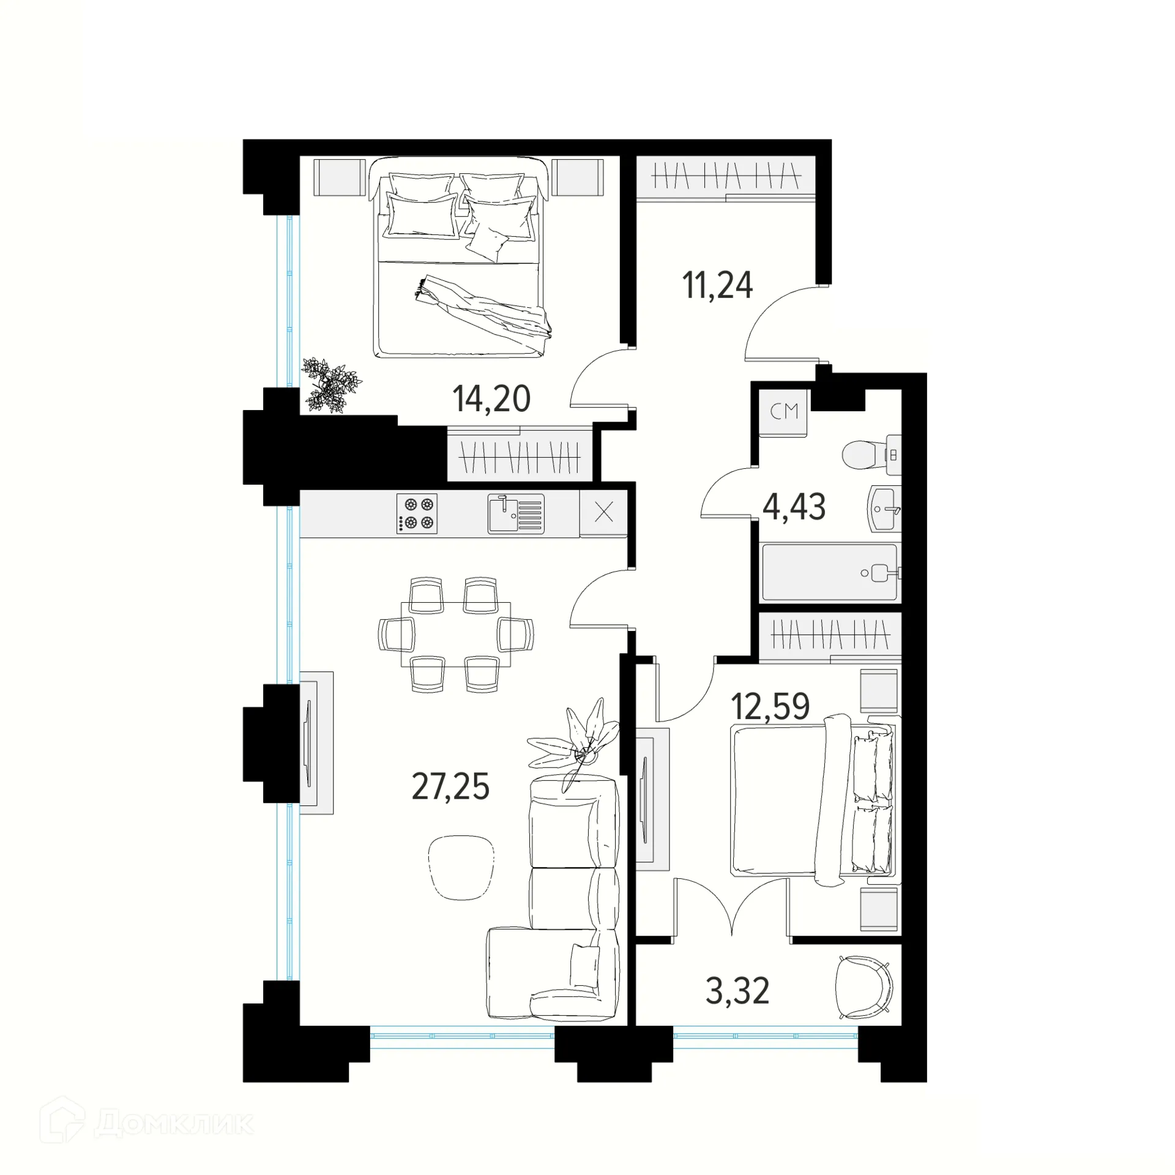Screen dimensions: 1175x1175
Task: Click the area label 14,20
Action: pos(491,399)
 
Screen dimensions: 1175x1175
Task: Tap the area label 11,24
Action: pos(717,286)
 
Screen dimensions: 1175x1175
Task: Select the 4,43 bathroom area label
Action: pos(794,507)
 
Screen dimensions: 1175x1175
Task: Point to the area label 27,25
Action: pos(450,787)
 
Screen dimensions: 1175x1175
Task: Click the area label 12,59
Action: pos(770,706)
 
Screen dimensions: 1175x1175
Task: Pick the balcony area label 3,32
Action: pos(737,991)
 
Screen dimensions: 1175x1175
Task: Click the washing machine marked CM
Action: pos(784,412)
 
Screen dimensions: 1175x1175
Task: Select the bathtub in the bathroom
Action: pos(829,572)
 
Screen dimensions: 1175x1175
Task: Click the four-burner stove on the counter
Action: pos(417,513)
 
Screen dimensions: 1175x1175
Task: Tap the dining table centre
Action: pos(455,634)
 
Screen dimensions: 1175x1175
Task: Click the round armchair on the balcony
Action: pos(864,987)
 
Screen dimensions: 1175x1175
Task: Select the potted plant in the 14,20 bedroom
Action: pos(331,384)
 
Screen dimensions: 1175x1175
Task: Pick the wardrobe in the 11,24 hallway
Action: pos(725,177)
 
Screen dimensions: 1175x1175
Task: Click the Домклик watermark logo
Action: pos(147,1124)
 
